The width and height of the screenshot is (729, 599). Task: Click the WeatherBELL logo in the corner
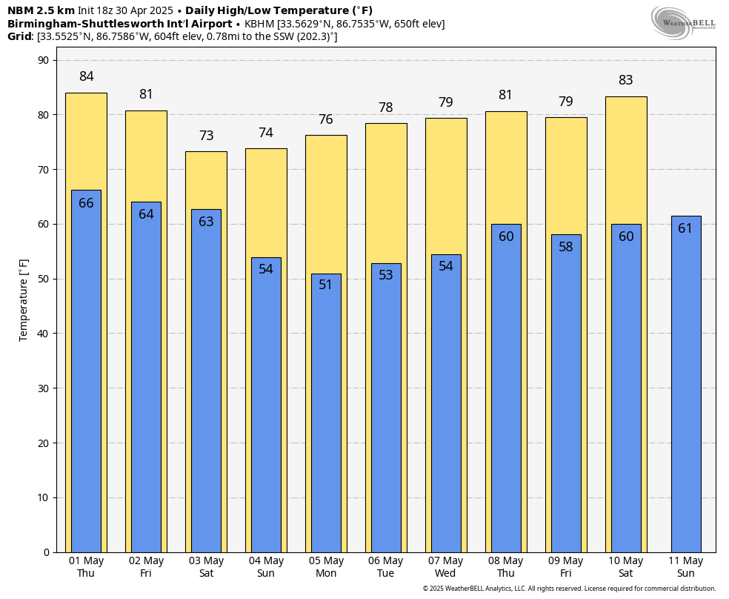(684, 22)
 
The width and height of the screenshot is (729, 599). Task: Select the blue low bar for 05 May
(326, 415)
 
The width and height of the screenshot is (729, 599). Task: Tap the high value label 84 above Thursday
(86, 76)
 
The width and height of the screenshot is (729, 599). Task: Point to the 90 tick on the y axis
(43, 60)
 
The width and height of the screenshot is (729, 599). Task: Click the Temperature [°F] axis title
(24, 299)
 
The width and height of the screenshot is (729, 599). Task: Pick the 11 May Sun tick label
(686, 566)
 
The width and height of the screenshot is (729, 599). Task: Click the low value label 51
(326, 285)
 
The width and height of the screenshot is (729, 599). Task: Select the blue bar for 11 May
(686, 385)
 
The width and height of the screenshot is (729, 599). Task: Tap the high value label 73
(206, 136)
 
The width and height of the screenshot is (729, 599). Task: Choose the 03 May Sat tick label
(206, 566)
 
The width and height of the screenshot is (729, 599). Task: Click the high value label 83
(626, 80)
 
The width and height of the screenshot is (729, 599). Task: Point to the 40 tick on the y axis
(43, 334)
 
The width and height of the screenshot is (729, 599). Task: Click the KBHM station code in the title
(260, 24)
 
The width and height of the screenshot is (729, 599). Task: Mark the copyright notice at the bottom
(569, 589)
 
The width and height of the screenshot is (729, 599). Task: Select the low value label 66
(86, 203)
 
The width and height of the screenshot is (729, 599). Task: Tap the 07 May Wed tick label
(445, 566)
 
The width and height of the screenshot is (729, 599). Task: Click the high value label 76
(326, 119)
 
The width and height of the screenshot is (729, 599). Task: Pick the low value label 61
(685, 228)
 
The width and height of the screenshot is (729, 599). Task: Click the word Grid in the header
(20, 36)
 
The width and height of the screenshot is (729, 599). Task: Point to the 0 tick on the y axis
(46, 552)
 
